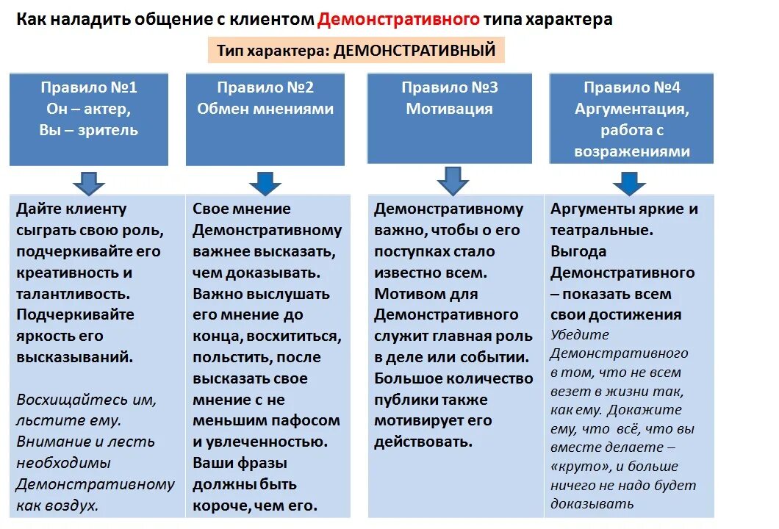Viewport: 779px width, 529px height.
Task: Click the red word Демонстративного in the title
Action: (398, 20)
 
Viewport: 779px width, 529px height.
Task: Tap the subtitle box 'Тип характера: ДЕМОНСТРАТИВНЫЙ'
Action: (356, 51)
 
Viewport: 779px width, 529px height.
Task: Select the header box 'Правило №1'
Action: (89, 118)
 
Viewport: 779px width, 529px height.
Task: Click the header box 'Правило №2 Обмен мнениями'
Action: (265, 118)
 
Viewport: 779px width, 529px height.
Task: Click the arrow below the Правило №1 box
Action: (89, 181)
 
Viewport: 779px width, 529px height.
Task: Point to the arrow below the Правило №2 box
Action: (265, 182)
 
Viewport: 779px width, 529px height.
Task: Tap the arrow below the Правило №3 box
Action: (453, 180)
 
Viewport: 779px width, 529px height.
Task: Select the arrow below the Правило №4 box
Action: (629, 182)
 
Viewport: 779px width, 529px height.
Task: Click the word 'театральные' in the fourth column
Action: (600, 230)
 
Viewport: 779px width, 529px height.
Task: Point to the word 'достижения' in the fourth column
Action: (641, 315)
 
